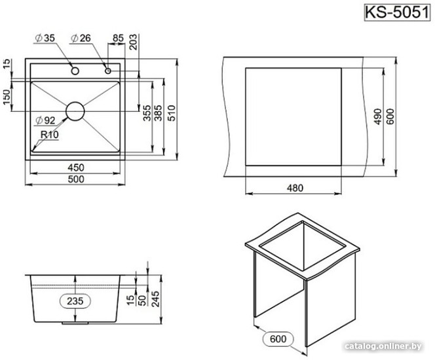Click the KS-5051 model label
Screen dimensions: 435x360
click(397, 12)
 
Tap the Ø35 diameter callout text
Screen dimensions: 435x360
click(45, 38)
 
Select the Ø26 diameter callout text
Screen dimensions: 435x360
click(81, 38)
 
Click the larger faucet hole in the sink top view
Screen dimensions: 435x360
click(75, 71)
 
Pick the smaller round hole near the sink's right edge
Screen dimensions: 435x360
click(108, 71)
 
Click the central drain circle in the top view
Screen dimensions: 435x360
click(75, 111)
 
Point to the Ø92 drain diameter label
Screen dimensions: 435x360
click(46, 120)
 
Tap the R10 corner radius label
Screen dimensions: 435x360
click(50, 135)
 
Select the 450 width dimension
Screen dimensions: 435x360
click(76, 168)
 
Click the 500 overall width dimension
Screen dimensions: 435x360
click(76, 179)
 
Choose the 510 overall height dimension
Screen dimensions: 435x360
click(172, 113)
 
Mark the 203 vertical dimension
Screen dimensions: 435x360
click(134, 42)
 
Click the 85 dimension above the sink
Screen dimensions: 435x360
click(118, 38)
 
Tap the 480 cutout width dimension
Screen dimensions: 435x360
click(295, 188)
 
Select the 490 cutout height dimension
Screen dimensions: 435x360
click(378, 117)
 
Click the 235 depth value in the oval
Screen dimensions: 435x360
click(75, 300)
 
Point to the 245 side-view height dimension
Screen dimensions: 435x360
click(156, 298)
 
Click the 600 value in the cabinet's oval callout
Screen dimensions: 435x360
click(278, 338)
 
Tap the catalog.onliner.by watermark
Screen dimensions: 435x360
click(384, 346)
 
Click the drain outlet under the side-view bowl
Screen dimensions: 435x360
click(75, 323)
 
